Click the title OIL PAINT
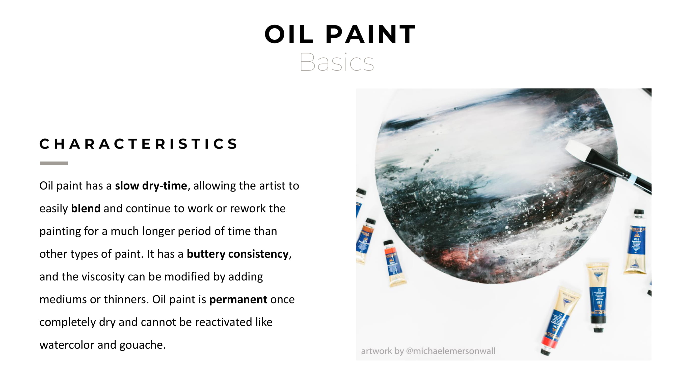[340, 34]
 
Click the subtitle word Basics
[337, 62]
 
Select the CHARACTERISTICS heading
[139, 144]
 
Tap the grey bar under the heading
[54, 163]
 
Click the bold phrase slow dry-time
[151, 186]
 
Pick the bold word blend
[86, 209]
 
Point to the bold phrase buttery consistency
[237, 254]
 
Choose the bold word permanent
[238, 299]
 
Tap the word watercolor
[67, 345]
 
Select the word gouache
[142, 345]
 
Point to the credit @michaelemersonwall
[450, 351]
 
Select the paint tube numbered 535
[599, 301]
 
